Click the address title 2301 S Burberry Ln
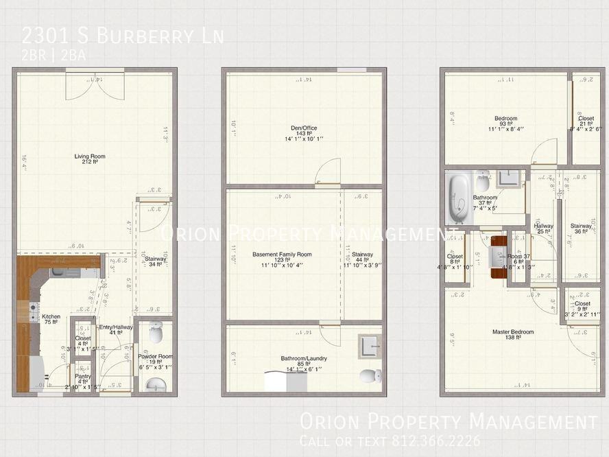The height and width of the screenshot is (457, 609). click(122, 36)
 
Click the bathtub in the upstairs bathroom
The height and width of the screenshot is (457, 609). click(457, 198)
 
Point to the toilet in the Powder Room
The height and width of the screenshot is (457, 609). click(156, 332)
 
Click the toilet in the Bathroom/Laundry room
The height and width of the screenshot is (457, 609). click(371, 376)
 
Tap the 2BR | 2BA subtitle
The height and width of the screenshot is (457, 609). click(53, 56)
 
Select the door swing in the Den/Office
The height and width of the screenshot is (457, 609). click(329, 172)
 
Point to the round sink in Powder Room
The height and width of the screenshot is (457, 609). click(156, 384)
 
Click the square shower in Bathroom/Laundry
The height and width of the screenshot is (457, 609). click(370, 347)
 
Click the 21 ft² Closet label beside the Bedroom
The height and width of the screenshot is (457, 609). click(586, 121)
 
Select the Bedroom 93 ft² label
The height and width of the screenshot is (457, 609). click(505, 122)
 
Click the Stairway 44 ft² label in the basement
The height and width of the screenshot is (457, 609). click(362, 258)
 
